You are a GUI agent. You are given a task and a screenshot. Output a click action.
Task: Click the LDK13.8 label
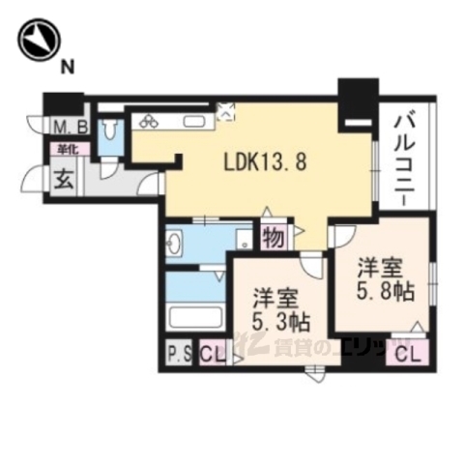(x=270, y=162)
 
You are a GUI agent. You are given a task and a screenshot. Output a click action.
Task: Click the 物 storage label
(x=273, y=237)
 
